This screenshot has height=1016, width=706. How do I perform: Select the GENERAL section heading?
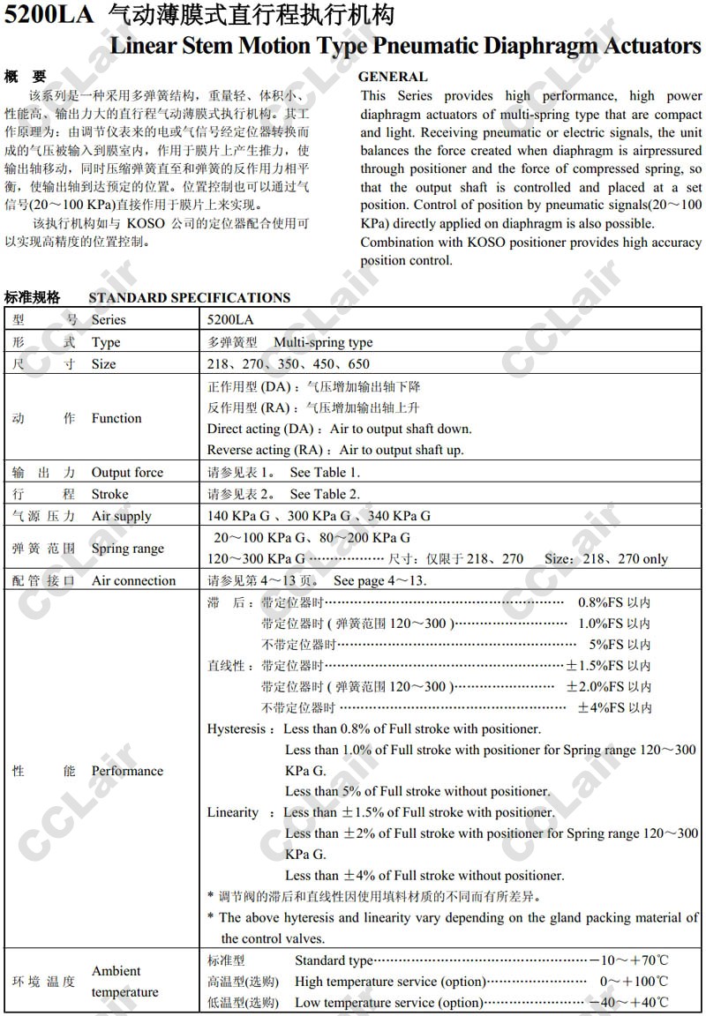pos(393,77)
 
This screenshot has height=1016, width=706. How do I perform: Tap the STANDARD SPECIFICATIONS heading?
pos(189,297)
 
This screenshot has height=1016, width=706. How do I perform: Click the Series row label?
pos(109,319)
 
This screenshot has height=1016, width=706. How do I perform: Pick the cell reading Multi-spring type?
pos(323,342)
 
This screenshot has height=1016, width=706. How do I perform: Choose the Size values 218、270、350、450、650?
pos(288,363)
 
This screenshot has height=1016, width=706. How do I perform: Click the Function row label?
pos(116,418)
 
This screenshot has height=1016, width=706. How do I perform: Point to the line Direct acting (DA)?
pos(339,429)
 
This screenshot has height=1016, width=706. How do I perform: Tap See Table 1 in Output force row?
pos(325,472)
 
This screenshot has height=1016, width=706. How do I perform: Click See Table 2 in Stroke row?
pos(325,494)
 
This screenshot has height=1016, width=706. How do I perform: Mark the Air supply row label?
pos(122,516)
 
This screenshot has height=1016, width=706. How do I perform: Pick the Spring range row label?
pos(128,548)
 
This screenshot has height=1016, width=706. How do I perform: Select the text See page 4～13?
pos(379,580)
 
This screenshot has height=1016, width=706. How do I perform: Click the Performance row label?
pos(127,771)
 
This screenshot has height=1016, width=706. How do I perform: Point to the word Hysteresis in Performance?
pos(236,728)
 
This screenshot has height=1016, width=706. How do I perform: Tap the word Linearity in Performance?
pos(233,812)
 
